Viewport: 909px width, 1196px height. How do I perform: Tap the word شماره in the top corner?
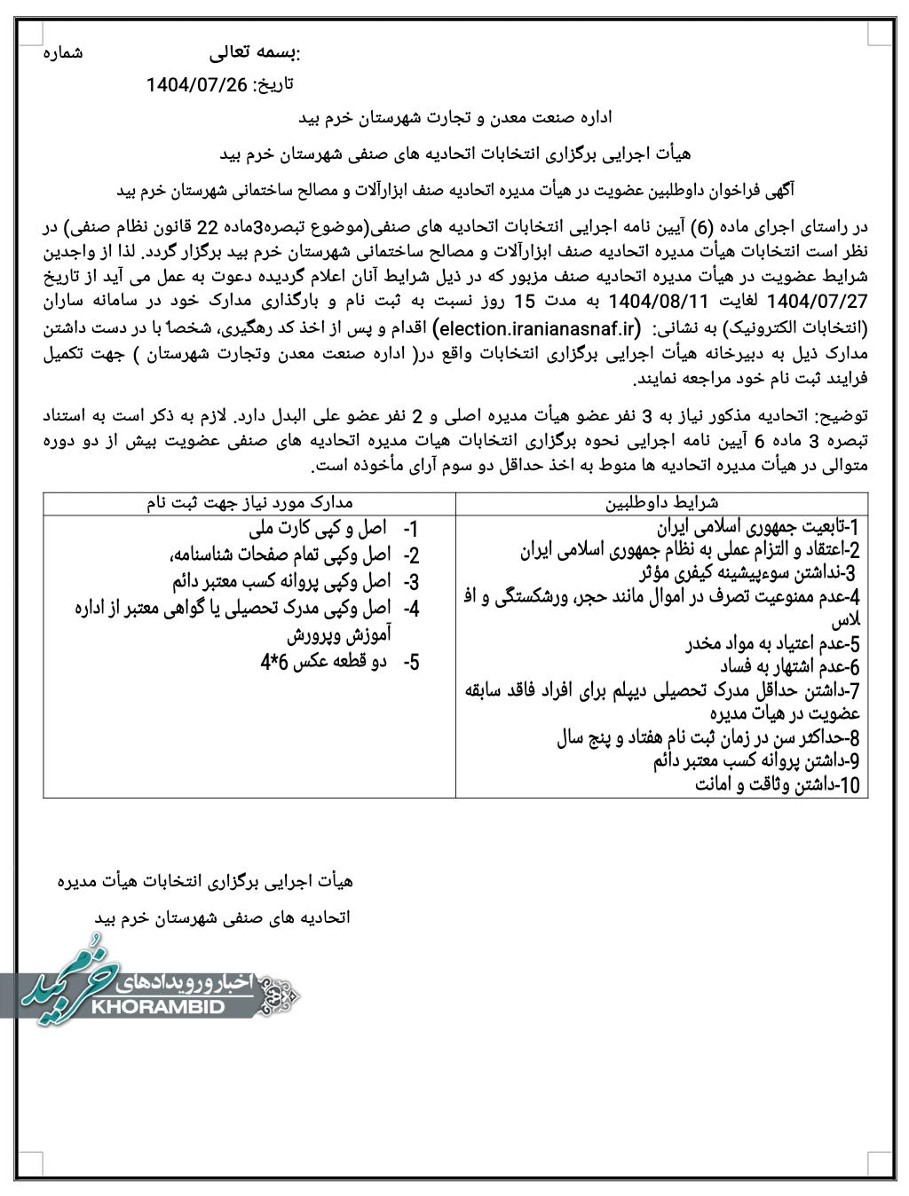pyautogui.click(x=63, y=53)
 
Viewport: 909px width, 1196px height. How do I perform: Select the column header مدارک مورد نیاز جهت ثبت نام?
pyautogui.click(x=250, y=503)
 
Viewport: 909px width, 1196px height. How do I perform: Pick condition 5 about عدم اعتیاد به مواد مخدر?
pyautogui.click(x=767, y=643)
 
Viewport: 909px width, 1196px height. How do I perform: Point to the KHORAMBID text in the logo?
pyautogui.click(x=173, y=1008)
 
